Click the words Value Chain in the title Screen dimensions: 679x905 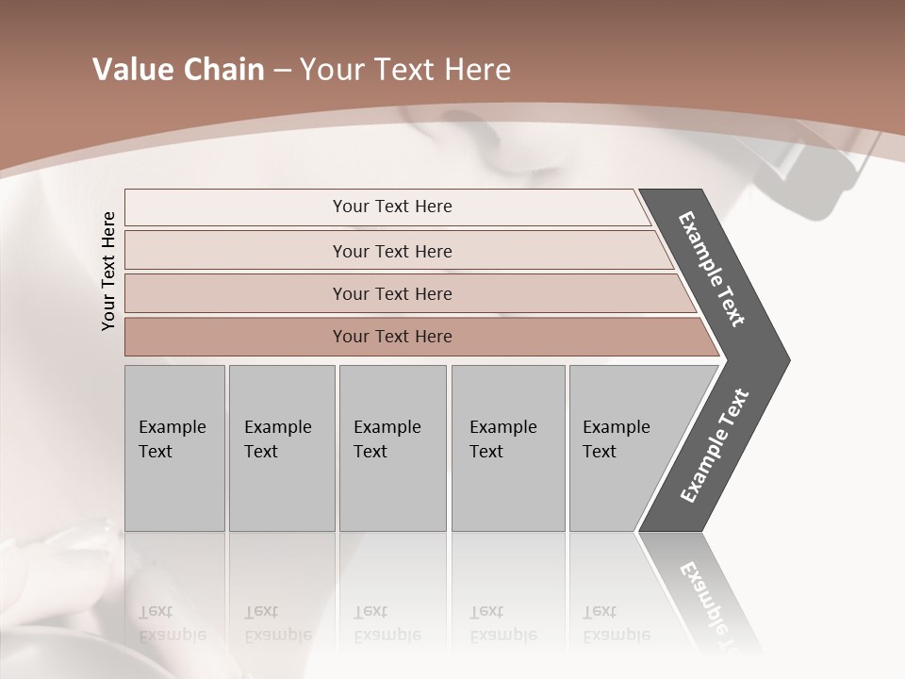[178, 70]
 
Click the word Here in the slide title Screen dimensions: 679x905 [481, 70]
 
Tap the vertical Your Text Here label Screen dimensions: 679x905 [108, 271]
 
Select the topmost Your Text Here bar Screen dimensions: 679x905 [392, 207]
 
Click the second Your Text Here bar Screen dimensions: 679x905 [392, 251]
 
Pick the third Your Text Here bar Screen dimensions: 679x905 [392, 293]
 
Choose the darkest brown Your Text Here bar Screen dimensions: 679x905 [392, 337]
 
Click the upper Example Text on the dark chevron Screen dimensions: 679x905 [713, 270]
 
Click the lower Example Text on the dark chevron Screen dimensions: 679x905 [715, 445]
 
